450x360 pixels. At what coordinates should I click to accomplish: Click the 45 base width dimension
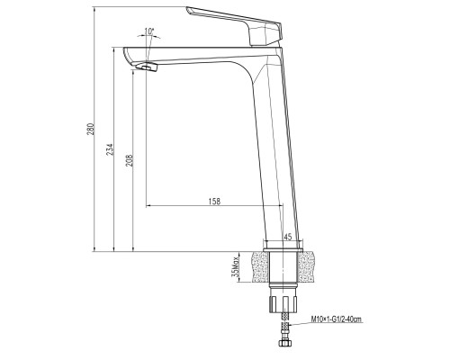[x=288, y=237]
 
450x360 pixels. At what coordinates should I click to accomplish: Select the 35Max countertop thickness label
[x=237, y=267]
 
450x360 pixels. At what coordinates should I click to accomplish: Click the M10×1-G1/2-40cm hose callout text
[x=348, y=318]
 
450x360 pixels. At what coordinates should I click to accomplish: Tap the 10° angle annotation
[x=148, y=32]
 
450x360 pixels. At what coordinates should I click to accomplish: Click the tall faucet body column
[x=274, y=153]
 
